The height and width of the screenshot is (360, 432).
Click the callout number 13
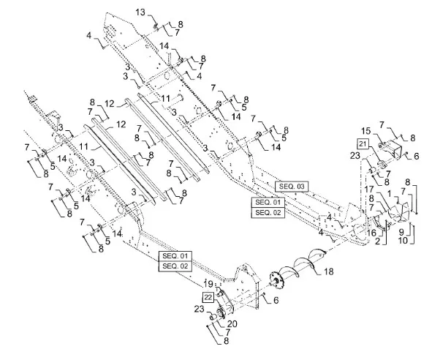click(x=140, y=12)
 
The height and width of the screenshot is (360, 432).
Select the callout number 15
click(x=366, y=130)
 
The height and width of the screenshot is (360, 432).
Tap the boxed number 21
click(x=363, y=143)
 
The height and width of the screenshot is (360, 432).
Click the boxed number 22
click(x=208, y=297)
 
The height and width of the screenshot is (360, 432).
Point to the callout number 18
click(x=329, y=271)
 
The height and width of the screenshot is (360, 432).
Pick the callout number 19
click(x=208, y=284)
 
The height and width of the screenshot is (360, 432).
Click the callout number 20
click(x=232, y=323)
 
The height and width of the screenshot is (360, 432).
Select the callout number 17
click(x=369, y=190)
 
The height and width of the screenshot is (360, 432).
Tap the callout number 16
click(x=371, y=233)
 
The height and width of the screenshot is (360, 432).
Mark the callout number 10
click(x=403, y=240)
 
